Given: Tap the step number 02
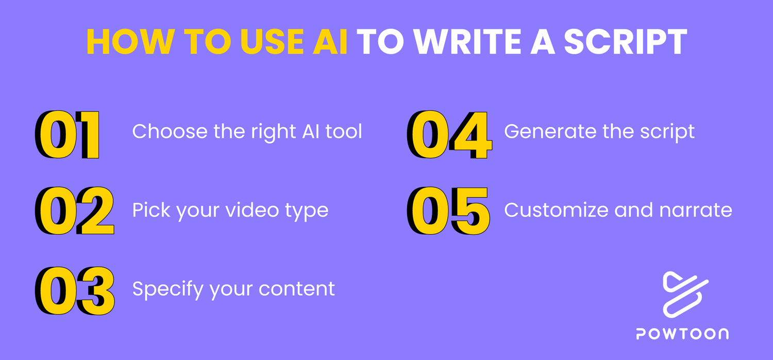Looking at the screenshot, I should [74, 211].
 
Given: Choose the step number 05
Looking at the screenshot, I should [448, 211].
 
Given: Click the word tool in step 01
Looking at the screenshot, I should [344, 132].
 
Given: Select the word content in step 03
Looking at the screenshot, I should [297, 289].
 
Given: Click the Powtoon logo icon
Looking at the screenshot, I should [685, 294].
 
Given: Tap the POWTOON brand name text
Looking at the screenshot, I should [682, 334].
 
